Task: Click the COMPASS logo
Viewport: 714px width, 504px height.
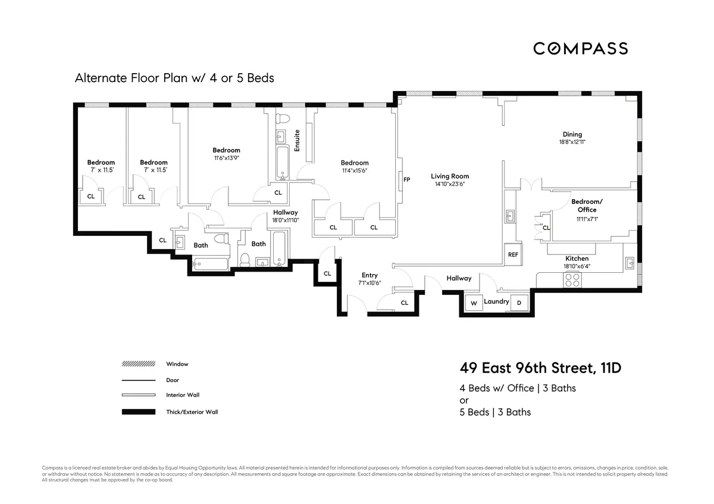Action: pos(580,48)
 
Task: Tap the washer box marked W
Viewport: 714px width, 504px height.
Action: pos(474,303)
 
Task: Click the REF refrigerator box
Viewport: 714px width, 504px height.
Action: pos(513,254)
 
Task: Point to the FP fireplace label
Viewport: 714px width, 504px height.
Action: pos(407,179)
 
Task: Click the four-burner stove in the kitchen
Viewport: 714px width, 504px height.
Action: pos(572,280)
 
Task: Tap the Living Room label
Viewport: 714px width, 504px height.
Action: pos(450,176)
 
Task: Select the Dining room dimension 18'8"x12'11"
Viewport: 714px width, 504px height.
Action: pos(572,142)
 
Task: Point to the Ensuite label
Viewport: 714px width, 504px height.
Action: pos(297,140)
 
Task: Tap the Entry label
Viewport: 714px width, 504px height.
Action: pos(369,275)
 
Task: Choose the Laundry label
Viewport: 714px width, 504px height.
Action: pos(496,301)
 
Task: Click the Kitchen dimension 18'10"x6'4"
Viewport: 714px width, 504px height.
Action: pos(577,266)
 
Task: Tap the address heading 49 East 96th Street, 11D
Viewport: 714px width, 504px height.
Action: pos(540,368)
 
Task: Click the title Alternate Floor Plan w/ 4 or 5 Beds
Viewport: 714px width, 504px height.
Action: pos(174,78)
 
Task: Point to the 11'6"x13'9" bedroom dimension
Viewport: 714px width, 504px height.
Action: pos(226,158)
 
